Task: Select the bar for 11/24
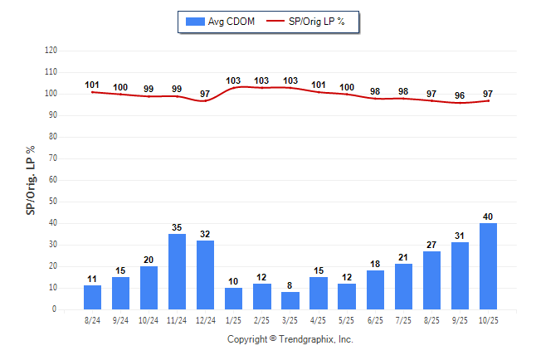pos(178,271)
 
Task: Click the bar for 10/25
pos(488,265)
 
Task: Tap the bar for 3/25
pos(290,300)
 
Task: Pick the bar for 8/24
pos(93,297)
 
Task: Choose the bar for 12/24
pos(206,275)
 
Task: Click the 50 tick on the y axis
pos(52,202)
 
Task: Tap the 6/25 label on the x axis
pos(375,319)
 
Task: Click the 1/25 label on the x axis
pos(234,319)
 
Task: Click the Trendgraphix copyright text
pos(290,339)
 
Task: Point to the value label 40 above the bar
pos(488,216)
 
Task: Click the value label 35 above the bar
pos(178,227)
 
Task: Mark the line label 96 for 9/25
pos(460,95)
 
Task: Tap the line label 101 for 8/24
pos(93,85)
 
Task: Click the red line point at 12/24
pos(206,101)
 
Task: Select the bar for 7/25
pos(403,286)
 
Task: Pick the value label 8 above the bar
pos(290,285)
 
